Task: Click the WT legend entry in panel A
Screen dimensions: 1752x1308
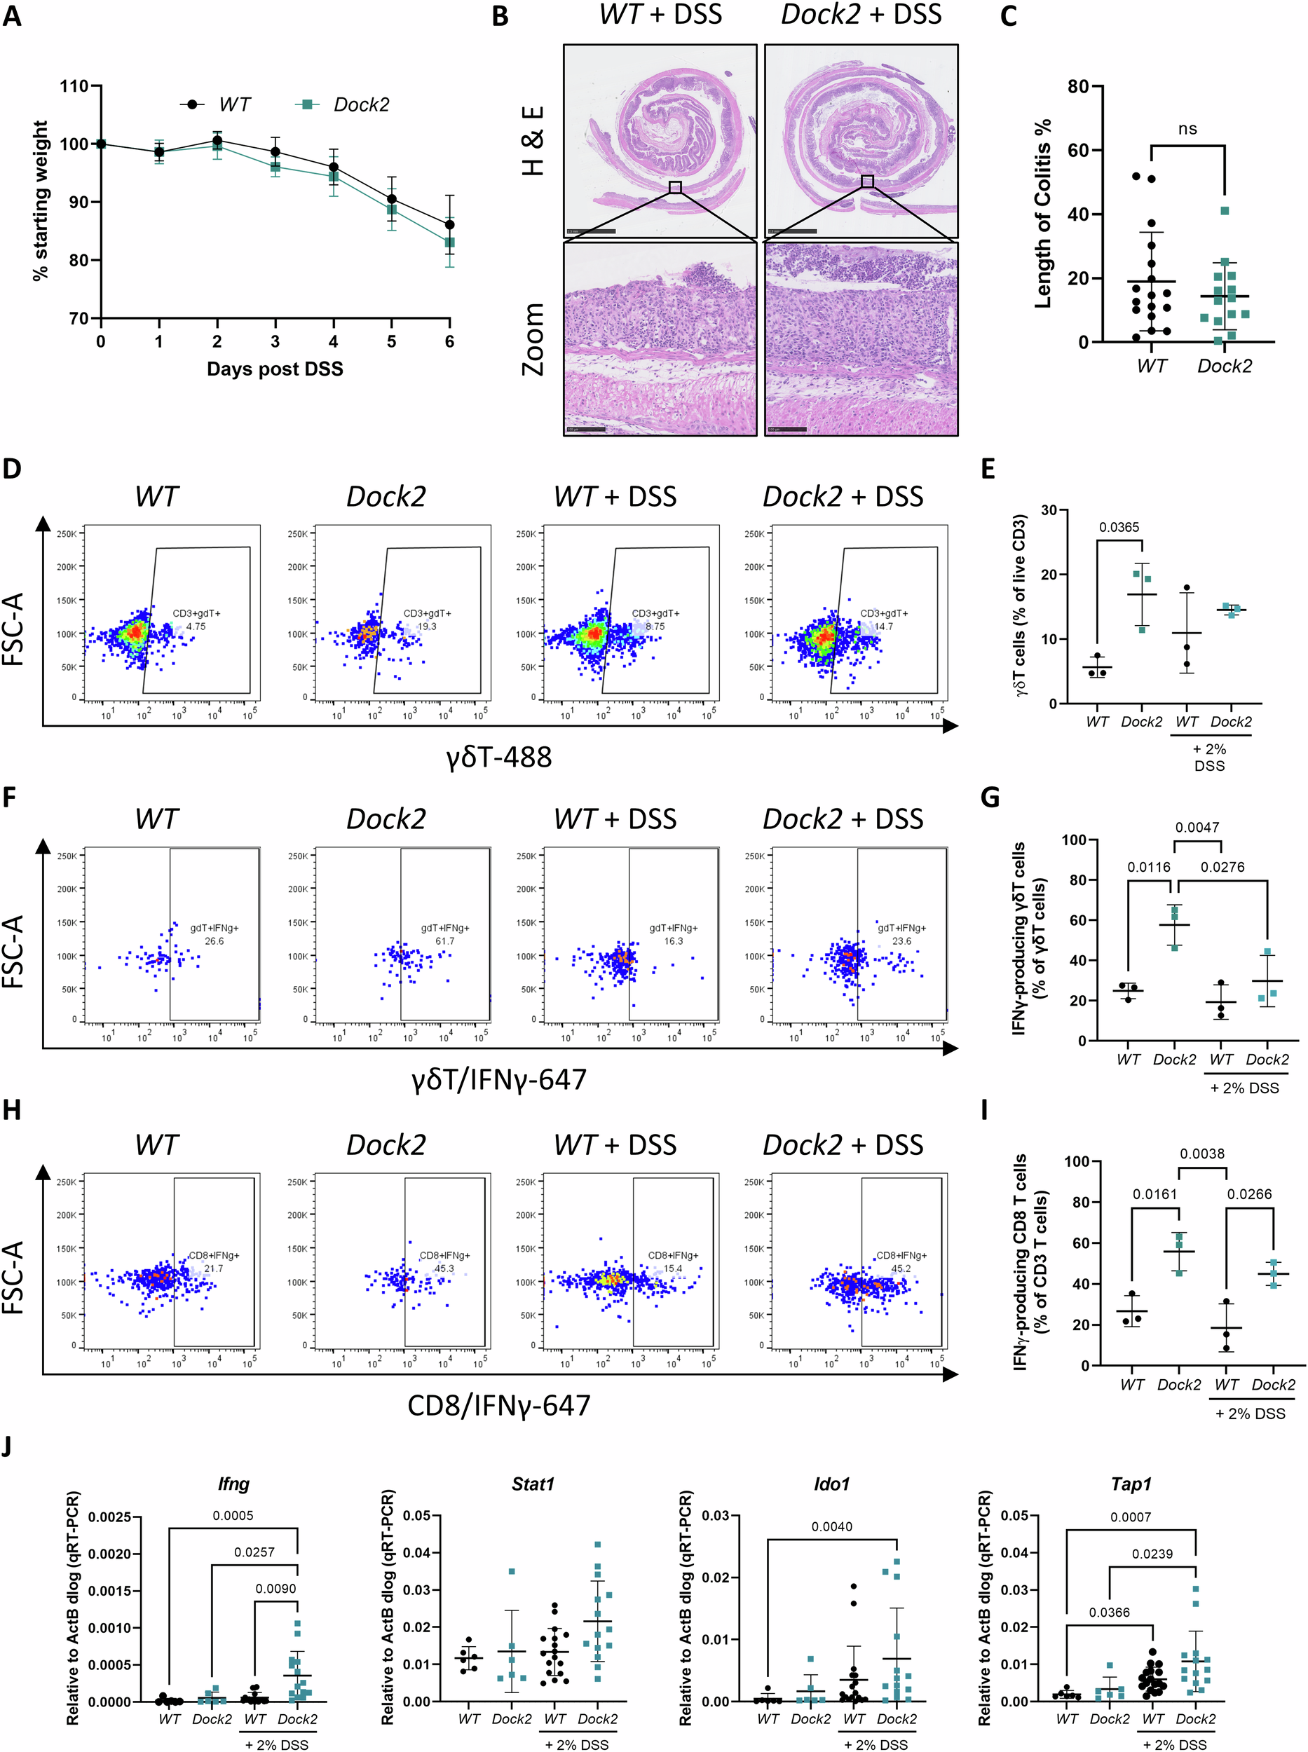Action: coord(233,104)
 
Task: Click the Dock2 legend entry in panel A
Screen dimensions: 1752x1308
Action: coord(360,104)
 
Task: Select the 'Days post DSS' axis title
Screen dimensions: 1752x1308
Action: coord(275,369)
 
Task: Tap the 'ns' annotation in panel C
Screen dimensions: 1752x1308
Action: coord(1187,129)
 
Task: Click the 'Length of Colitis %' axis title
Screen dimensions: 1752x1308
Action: coord(1044,214)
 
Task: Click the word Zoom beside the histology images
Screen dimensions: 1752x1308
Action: coord(533,339)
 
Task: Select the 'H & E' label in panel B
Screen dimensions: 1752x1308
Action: coord(533,140)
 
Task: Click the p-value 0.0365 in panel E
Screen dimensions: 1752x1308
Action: coord(1119,527)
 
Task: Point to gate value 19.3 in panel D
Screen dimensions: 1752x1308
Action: coord(427,627)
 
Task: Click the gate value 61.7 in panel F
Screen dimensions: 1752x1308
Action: coord(445,941)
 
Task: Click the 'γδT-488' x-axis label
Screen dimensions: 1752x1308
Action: coord(499,758)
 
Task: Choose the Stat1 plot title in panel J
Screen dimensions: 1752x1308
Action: coord(532,1484)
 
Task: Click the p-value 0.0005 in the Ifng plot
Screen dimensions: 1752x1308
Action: coord(233,1515)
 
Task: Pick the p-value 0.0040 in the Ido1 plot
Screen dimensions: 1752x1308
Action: coord(831,1526)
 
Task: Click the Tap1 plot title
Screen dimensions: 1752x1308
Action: coord(1131,1484)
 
